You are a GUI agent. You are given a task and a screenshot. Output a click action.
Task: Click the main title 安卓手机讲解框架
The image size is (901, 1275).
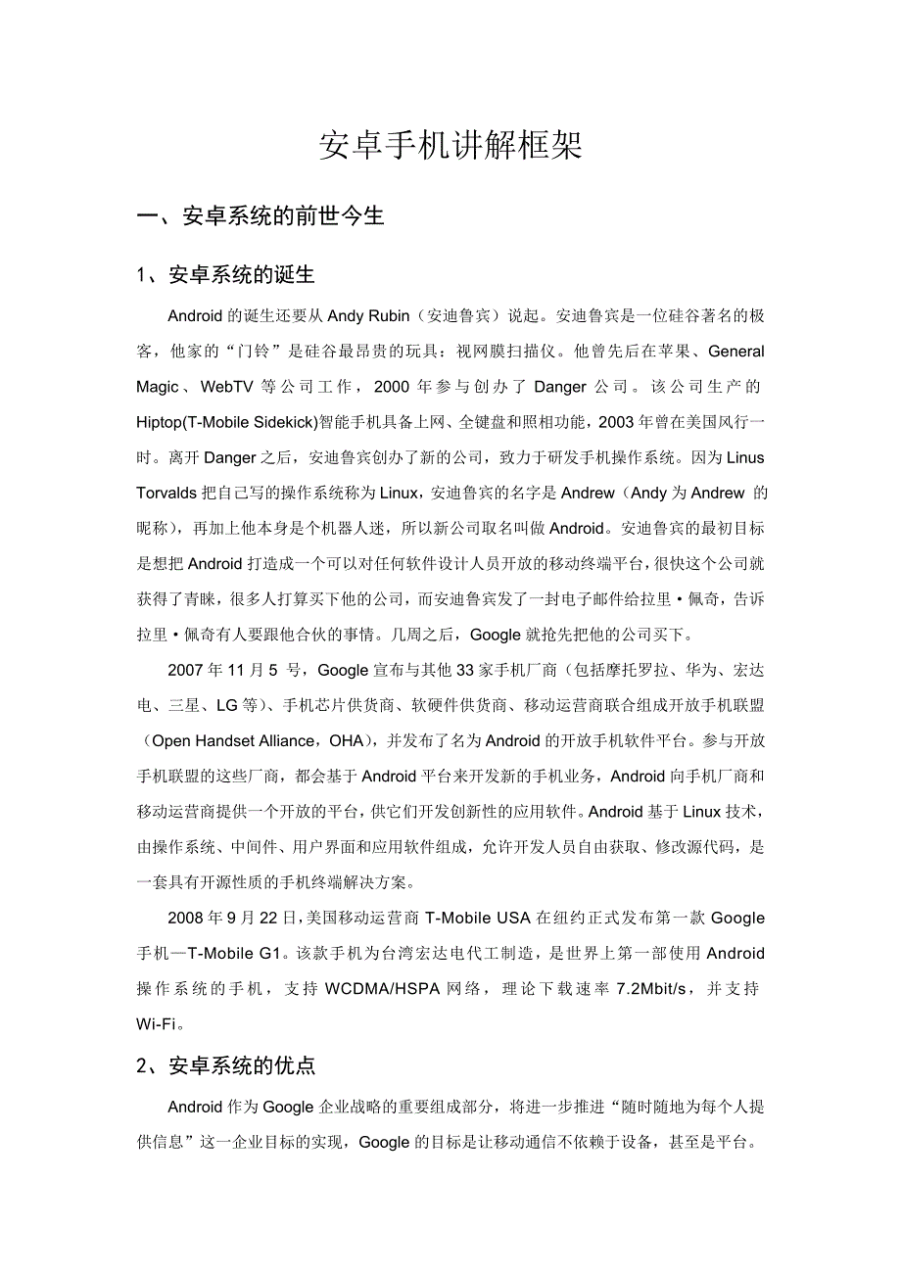point(450,146)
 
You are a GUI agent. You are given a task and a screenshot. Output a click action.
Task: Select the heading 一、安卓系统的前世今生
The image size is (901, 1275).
point(261,216)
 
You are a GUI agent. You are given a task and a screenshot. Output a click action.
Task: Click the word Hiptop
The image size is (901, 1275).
point(159,422)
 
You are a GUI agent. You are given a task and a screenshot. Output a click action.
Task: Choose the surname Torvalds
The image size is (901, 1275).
point(168,493)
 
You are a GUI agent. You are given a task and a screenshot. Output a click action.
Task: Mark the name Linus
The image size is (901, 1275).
point(743,457)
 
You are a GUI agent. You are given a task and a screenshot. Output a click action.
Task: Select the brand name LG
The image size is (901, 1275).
point(227,705)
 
